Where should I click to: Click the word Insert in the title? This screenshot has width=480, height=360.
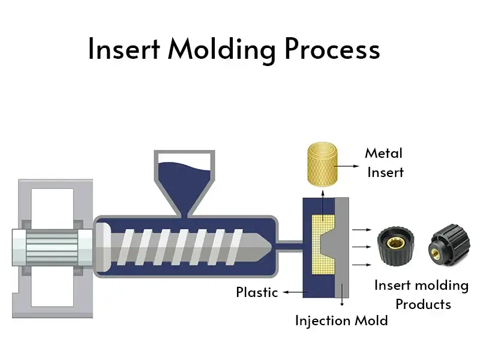point(123,49)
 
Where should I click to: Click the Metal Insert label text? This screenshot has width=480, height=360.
point(385,163)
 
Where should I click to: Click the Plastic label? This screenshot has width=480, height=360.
point(257,293)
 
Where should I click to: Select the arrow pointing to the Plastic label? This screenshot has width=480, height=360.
point(293,293)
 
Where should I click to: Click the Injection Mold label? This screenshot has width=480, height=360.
point(341,320)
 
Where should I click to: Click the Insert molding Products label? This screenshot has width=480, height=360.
point(422,295)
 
